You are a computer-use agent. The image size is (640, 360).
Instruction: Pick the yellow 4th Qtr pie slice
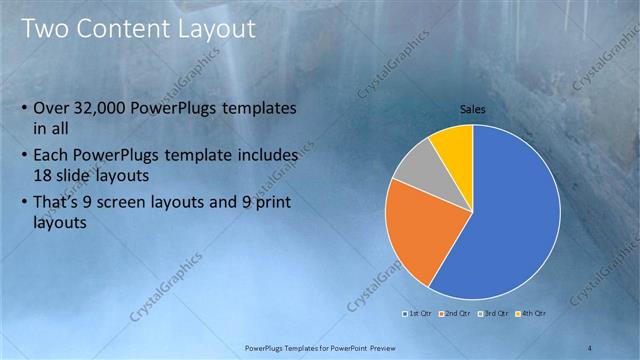click(x=453, y=146)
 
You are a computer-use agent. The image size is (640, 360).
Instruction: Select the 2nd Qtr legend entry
click(x=459, y=313)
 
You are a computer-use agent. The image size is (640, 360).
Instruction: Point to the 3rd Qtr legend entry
click(x=495, y=313)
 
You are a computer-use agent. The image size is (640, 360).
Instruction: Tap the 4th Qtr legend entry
click(x=531, y=313)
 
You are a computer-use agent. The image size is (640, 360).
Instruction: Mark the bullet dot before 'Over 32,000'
click(x=24, y=108)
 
